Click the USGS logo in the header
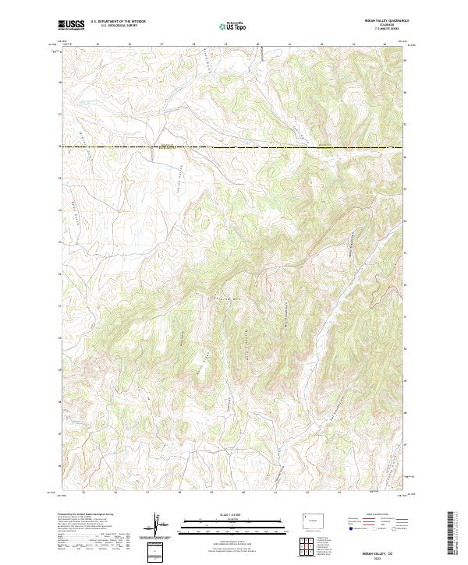(x=72, y=25)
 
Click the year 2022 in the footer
(x=380, y=556)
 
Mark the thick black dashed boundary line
(x=234, y=147)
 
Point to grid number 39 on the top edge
(x=225, y=44)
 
